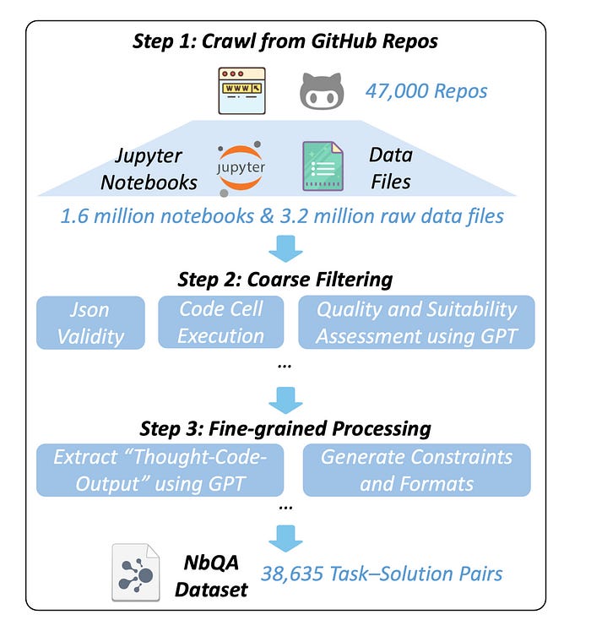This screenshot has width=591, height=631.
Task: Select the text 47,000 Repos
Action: (x=426, y=90)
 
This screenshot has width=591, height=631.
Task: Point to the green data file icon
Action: (x=323, y=166)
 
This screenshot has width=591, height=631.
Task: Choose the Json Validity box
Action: (x=89, y=322)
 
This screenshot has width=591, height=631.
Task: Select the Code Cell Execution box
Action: (x=222, y=322)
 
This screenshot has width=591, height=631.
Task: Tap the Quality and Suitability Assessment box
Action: (x=416, y=322)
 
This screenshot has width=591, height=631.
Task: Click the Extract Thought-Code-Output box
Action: (x=160, y=470)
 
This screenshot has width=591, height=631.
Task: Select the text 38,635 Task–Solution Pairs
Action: (x=382, y=574)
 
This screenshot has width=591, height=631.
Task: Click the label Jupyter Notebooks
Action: (x=157, y=167)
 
